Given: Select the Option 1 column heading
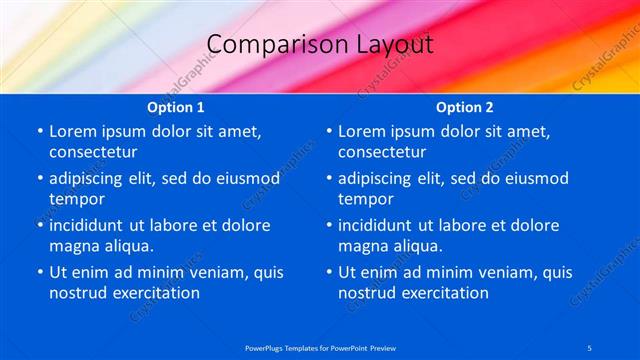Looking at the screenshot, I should (x=176, y=107).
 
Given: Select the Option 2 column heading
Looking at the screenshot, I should (x=465, y=107).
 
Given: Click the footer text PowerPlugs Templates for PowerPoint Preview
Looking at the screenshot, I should (x=320, y=347).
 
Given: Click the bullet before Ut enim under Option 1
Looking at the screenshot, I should (x=40, y=272).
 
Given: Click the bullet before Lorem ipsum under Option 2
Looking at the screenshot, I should (x=329, y=131).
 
